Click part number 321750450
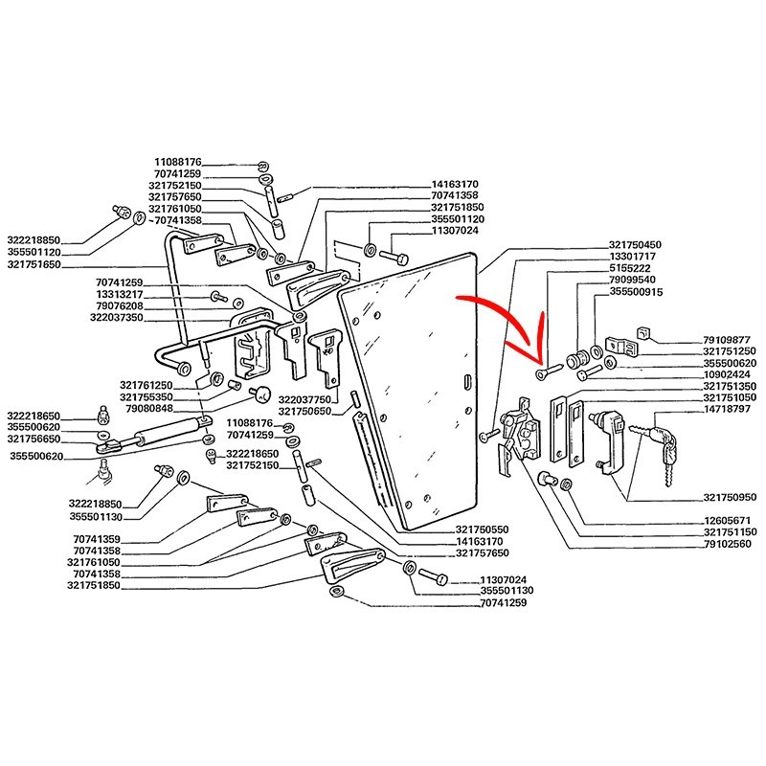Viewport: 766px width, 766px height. [635, 245]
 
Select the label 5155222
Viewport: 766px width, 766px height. [630, 268]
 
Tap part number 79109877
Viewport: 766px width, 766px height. [726, 340]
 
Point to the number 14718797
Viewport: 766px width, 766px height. [727, 409]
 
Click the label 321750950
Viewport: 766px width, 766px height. [730, 497]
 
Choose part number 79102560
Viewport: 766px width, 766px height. [728, 544]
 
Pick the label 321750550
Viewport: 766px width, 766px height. [483, 529]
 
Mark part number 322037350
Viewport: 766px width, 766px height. [117, 318]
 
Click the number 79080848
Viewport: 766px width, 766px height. [149, 409]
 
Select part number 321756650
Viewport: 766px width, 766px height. [34, 439]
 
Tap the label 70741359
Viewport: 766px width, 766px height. [97, 539]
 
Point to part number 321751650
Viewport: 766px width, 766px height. [34, 264]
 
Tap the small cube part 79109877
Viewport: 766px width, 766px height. [643, 333]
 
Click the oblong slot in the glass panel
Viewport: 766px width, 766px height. [466, 381]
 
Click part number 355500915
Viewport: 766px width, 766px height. [636, 292]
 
